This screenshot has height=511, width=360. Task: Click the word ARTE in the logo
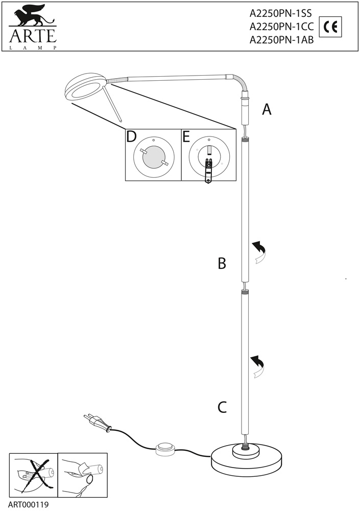pyautogui.click(x=32, y=36)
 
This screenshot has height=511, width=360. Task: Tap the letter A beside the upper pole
pyautogui.click(x=267, y=109)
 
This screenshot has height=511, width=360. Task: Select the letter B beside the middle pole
pyautogui.click(x=222, y=263)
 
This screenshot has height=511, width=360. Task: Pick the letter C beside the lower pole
pyautogui.click(x=222, y=407)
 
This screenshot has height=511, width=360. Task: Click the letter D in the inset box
pyautogui.click(x=131, y=137)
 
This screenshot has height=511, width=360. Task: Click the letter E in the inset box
pyautogui.click(x=186, y=137)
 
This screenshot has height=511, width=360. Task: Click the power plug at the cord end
pyautogui.click(x=98, y=423)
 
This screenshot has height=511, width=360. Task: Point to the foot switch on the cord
pyautogui.click(x=164, y=448)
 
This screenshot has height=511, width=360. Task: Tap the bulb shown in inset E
pyautogui.click(x=208, y=170)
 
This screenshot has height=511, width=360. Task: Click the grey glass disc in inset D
pyautogui.click(x=154, y=157)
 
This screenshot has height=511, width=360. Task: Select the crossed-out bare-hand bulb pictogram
pyautogui.click(x=34, y=474)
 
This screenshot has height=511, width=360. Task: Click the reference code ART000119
pyautogui.click(x=28, y=504)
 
